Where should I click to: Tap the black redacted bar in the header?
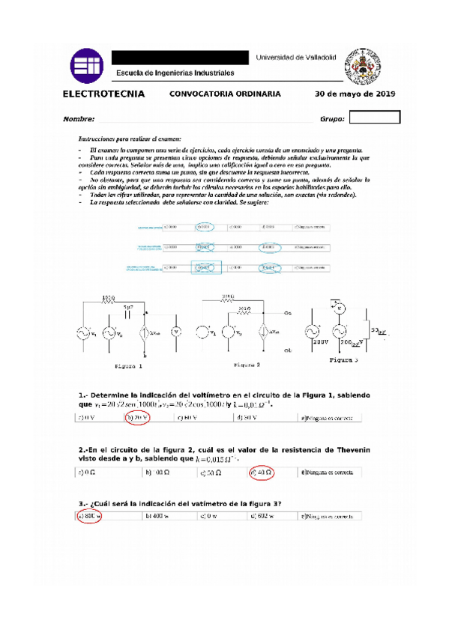tap(180, 58)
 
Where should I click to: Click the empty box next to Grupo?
tap(375, 118)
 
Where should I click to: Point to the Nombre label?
tap(79, 118)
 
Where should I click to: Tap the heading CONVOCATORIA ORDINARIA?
tap(225, 94)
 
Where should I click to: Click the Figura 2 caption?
tap(247, 365)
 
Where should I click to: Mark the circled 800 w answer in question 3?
tap(89, 516)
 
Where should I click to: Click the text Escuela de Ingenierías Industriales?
tap(175, 73)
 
